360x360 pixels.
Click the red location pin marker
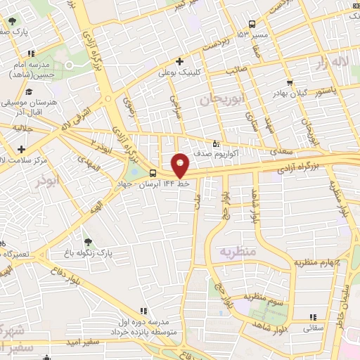180,165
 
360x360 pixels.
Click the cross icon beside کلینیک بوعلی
180,61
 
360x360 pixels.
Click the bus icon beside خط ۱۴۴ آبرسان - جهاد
153,173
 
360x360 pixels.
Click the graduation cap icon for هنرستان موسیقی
29,91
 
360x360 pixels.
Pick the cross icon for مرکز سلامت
22,149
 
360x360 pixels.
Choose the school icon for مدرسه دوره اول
144,311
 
